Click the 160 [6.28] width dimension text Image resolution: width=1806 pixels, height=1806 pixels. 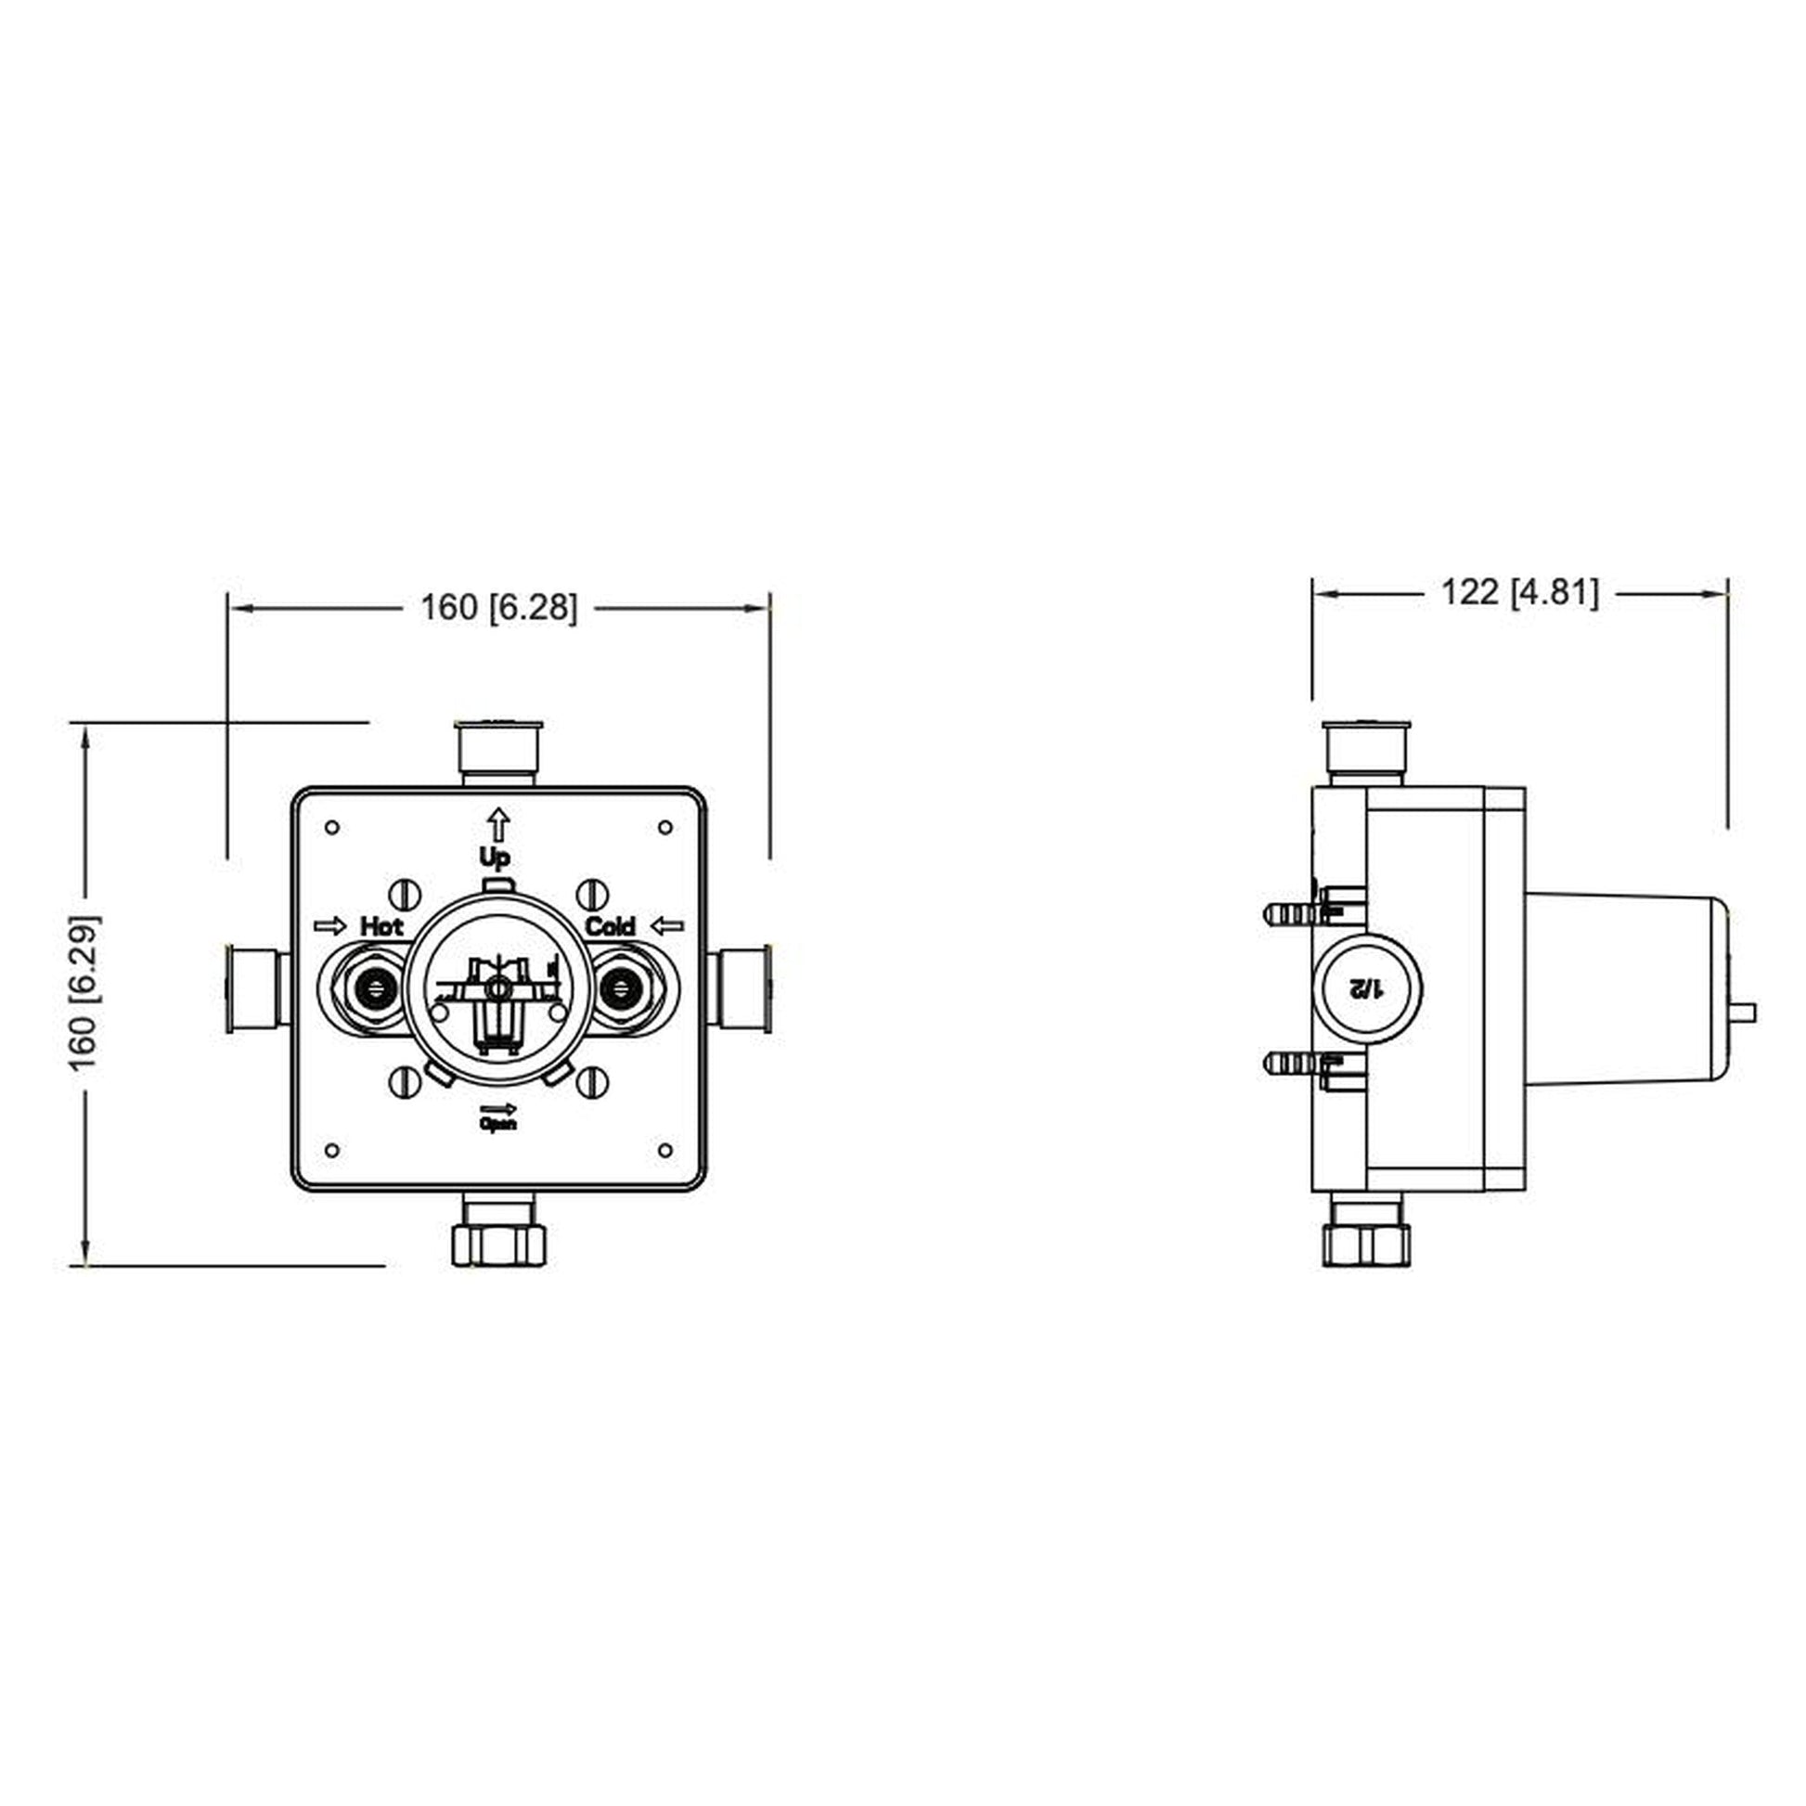pyautogui.click(x=499, y=609)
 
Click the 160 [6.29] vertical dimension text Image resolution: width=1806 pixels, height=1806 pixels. pyautogui.click(x=84, y=993)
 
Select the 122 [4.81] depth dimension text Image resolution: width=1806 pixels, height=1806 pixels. pyautogui.click(x=1519, y=593)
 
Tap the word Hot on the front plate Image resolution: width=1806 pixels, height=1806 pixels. pyautogui.click(x=382, y=926)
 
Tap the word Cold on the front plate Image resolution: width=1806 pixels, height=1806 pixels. pyautogui.click(x=611, y=926)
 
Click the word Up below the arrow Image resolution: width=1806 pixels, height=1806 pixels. pyautogui.click(x=496, y=858)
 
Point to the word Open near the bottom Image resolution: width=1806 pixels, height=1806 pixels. pyautogui.click(x=497, y=1125)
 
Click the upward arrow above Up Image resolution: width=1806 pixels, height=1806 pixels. pyautogui.click(x=498, y=823)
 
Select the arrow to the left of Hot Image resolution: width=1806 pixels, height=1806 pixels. pyautogui.click(x=330, y=926)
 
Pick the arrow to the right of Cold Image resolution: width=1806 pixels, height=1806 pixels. pyautogui.click(x=667, y=926)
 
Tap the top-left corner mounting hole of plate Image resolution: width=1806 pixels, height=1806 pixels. pyautogui.click(x=332, y=827)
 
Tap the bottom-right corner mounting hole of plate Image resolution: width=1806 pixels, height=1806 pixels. pyautogui.click(x=665, y=1150)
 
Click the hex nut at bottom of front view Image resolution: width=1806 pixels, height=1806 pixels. pyautogui.click(x=498, y=1244)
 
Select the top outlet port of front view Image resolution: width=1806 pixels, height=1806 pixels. pyautogui.click(x=498, y=753)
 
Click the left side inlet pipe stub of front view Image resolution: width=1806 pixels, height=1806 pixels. pyautogui.click(x=253, y=989)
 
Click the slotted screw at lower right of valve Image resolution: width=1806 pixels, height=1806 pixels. pyautogui.click(x=593, y=1082)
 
